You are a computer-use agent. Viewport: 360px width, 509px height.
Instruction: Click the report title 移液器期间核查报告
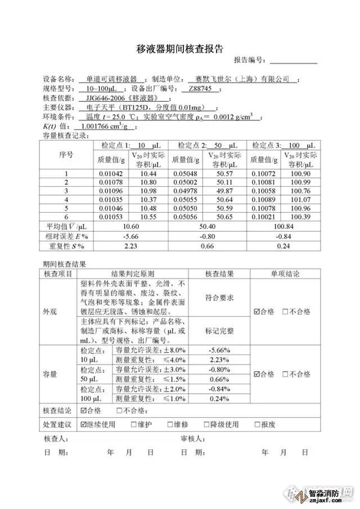(180, 49)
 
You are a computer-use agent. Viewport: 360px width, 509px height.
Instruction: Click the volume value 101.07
(299, 199)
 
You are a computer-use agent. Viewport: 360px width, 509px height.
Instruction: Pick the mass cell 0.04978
(184, 191)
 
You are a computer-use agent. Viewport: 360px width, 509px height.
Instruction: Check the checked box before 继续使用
(84, 425)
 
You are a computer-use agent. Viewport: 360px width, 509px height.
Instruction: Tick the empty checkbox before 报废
(258, 425)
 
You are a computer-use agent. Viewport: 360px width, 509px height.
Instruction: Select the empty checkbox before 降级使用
(206, 425)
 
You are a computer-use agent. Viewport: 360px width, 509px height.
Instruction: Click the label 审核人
(193, 438)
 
